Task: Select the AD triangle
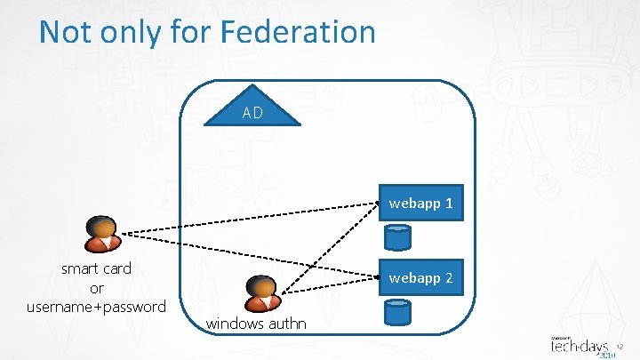[252, 110]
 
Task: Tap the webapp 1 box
[420, 204]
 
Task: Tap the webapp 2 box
[420, 278]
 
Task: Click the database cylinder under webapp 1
[397, 236]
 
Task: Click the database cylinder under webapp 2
[397, 310]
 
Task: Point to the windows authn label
[256, 324]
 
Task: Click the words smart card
[96, 268]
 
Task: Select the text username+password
[97, 307]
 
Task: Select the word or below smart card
[97, 288]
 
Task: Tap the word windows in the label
[234, 324]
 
